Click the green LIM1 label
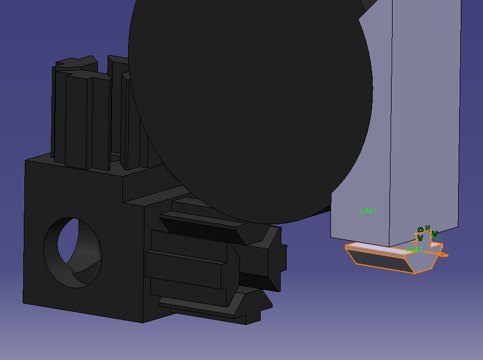367,211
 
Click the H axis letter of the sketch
427,228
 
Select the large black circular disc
249,103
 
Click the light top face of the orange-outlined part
379,248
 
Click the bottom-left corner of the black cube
23,302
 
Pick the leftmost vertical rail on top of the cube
59,114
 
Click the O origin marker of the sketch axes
420,230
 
